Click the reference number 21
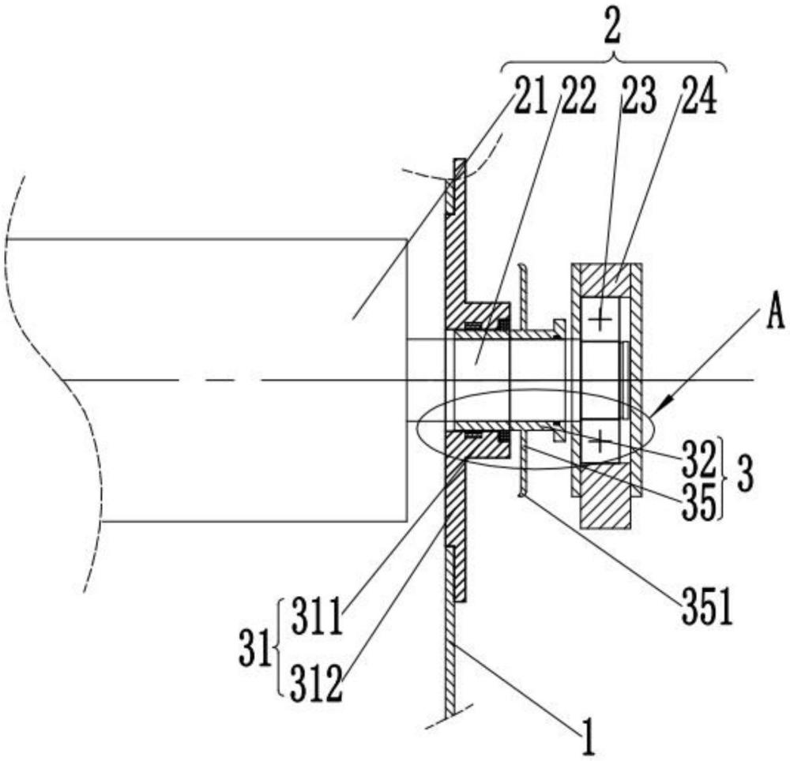click(x=529, y=96)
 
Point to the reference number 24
click(x=699, y=96)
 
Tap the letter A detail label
click(x=776, y=312)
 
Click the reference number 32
click(x=699, y=458)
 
